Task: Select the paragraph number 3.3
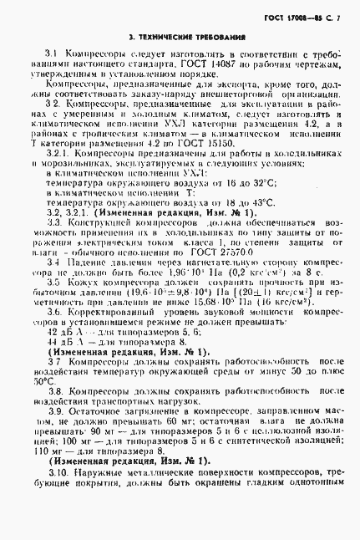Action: click(x=53, y=223)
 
